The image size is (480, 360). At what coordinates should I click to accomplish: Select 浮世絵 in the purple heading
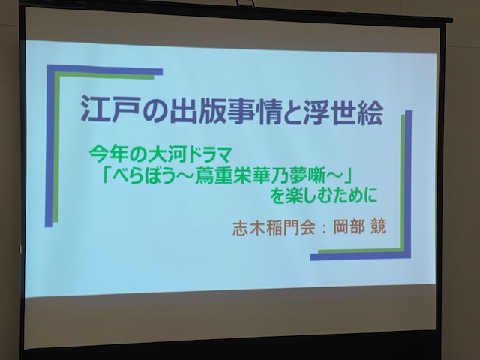343,112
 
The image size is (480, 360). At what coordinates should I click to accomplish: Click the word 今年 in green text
107,156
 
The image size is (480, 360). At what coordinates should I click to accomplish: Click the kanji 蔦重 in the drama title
217,177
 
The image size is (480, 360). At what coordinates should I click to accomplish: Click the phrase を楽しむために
323,196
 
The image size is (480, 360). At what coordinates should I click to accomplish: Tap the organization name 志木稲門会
274,228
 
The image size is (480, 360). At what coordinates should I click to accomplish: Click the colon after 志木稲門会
324,228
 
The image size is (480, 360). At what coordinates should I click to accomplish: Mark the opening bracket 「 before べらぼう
106,175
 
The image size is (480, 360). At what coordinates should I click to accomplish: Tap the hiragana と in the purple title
292,112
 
